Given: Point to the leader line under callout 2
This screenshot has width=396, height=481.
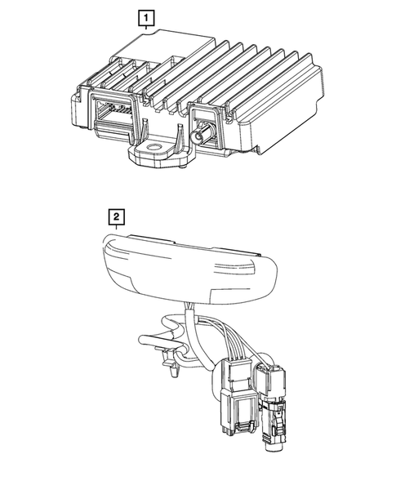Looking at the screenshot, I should pyautogui.click(x=118, y=229).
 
